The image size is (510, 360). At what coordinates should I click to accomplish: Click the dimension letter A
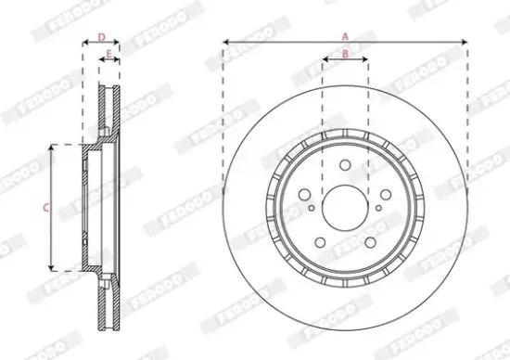click(x=345, y=35)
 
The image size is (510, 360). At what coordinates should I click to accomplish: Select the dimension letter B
click(x=345, y=55)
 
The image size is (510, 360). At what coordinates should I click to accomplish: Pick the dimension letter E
click(x=109, y=55)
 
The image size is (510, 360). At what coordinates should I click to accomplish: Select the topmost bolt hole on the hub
click(x=345, y=165)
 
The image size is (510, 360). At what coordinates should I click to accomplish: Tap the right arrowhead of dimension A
click(x=465, y=42)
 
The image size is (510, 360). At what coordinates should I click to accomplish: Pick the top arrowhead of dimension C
click(x=49, y=147)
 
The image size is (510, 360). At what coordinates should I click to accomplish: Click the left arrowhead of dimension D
click(x=84, y=43)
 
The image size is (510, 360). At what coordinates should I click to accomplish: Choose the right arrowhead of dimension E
click(x=120, y=61)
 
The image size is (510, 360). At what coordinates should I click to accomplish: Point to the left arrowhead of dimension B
click(x=325, y=61)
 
